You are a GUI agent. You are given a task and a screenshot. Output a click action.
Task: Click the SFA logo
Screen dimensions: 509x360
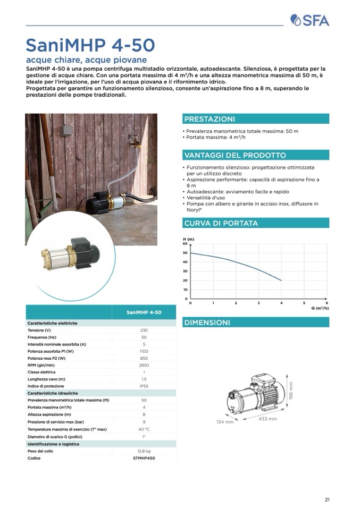(x=310, y=20)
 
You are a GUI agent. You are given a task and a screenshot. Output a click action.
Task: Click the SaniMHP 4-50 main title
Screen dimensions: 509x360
(x=90, y=44)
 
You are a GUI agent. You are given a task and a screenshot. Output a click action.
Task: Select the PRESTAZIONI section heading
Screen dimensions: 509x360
(x=210, y=119)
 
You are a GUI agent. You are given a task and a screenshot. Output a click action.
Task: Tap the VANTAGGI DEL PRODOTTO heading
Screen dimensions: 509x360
(x=235, y=155)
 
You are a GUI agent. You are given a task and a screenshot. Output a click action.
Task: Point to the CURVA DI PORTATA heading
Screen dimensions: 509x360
(x=221, y=223)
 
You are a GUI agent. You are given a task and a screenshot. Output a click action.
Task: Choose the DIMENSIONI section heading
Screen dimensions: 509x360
(x=207, y=323)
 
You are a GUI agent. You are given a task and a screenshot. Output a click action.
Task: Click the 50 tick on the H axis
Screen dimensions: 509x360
(x=185, y=253)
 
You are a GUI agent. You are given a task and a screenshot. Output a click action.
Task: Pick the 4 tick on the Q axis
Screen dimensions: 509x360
(x=281, y=302)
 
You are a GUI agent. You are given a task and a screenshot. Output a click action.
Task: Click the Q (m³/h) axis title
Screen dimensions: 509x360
(x=319, y=308)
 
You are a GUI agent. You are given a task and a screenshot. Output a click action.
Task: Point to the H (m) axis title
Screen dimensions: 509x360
(x=188, y=239)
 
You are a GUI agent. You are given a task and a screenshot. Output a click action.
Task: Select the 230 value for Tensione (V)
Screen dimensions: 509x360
(x=144, y=330)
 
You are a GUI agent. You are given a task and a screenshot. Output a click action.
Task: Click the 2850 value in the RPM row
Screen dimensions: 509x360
(x=144, y=366)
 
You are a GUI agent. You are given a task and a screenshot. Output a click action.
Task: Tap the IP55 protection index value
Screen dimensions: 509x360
(x=144, y=386)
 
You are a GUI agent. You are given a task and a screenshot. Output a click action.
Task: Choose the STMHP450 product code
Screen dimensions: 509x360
(x=144, y=458)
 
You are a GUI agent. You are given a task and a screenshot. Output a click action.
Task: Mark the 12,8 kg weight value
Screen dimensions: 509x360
(x=144, y=451)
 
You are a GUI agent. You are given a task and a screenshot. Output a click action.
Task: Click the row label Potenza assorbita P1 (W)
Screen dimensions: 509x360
(x=51, y=351)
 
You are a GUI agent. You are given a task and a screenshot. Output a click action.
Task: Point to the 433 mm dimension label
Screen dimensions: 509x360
(x=267, y=419)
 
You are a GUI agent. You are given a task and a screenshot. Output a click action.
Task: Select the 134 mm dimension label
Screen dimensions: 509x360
(x=225, y=422)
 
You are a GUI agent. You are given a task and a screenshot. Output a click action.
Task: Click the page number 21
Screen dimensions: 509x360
(x=327, y=499)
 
